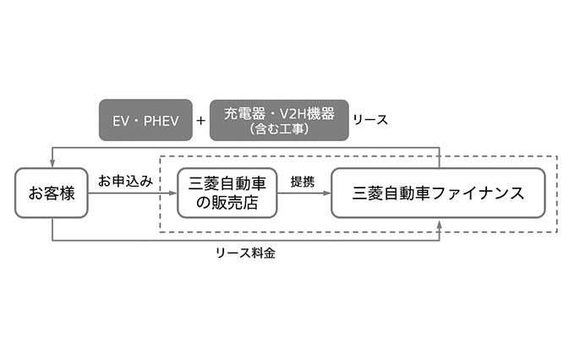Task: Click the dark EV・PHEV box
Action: click(x=140, y=120)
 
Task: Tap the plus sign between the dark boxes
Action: click(x=200, y=120)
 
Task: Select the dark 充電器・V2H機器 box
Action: click(x=279, y=120)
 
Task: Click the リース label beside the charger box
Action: click(x=370, y=120)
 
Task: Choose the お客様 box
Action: click(x=52, y=194)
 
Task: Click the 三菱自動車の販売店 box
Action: click(x=227, y=194)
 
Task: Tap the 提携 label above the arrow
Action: click(x=303, y=182)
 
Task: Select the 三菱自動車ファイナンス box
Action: click(x=438, y=194)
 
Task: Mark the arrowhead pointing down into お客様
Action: click(x=52, y=165)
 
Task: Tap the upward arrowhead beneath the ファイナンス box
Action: click(x=440, y=224)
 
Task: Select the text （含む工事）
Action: click(x=279, y=129)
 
